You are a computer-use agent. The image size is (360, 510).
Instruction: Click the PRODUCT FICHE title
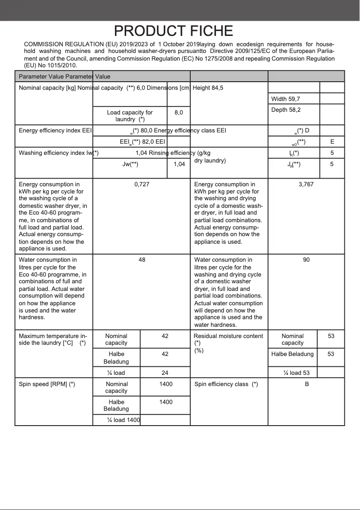173,31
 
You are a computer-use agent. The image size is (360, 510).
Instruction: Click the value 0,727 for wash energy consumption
142,185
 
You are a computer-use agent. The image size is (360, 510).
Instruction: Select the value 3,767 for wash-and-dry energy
306,185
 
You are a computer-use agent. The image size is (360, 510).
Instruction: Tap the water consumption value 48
142,260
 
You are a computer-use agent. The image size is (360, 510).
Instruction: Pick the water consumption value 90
306,260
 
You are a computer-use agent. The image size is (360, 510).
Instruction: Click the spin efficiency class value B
307,384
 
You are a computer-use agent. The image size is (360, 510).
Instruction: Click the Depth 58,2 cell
286,110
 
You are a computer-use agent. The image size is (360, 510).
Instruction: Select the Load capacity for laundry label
130,116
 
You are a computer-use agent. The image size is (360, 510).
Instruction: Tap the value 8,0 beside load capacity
179,113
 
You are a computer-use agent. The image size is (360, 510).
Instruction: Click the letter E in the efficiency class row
332,142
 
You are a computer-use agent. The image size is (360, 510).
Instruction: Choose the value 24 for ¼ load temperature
165,373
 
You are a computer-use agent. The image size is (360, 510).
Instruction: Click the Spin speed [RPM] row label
47,384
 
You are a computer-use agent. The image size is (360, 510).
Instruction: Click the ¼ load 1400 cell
123,420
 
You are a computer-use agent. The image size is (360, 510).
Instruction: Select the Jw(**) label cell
130,164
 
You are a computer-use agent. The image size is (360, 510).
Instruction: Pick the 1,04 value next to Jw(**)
179,164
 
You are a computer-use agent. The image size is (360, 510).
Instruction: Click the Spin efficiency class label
226,384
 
